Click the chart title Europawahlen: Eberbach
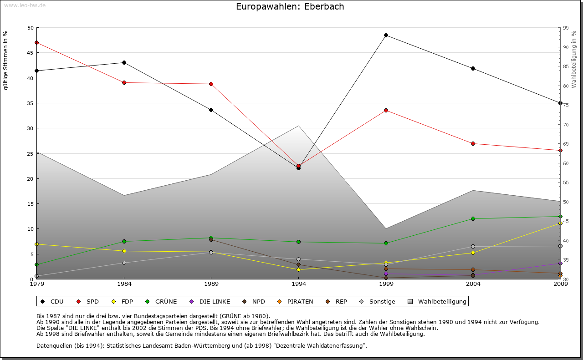coord(290,7)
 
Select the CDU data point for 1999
coord(386,35)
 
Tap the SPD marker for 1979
coord(36,42)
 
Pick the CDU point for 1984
coord(124,62)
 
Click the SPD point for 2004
coord(473,143)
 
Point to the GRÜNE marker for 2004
coord(473,218)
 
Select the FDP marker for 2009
coord(560,223)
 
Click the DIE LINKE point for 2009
coord(560,263)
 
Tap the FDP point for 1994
coord(298,269)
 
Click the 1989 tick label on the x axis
coord(211,284)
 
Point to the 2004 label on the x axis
coord(473,284)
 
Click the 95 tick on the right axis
coord(566,28)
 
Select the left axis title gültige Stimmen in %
coord(6,61)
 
